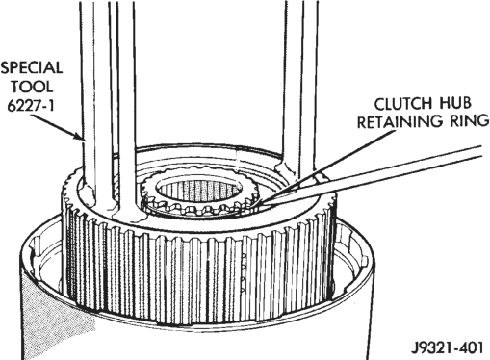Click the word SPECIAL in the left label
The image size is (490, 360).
tap(31, 67)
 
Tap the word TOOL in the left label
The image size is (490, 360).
tap(32, 87)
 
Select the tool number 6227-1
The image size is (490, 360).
tap(31, 105)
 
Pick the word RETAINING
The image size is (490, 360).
tap(396, 122)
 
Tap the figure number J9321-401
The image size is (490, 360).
tap(447, 347)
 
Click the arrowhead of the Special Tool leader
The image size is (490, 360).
tap(79, 136)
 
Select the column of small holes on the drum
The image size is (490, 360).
tap(244, 272)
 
